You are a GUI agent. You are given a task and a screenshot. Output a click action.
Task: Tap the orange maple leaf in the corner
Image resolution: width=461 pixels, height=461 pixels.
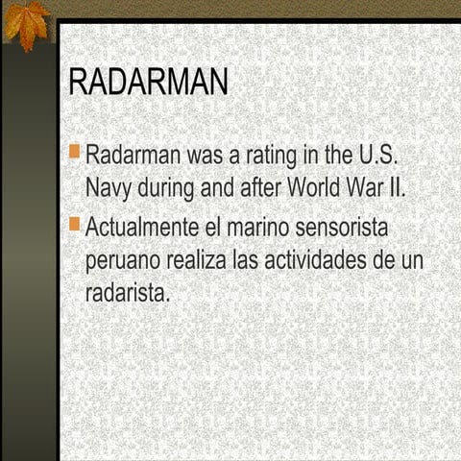point(26,23)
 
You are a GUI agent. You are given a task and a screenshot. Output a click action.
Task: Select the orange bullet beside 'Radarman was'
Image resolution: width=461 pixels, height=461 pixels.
point(76,151)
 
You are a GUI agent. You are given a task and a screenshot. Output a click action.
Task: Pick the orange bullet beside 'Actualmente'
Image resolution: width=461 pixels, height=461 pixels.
point(76,225)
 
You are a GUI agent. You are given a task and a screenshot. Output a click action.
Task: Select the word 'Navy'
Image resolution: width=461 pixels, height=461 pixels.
point(109,186)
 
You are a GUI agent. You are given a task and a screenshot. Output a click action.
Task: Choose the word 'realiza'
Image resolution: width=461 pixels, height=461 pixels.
point(199,261)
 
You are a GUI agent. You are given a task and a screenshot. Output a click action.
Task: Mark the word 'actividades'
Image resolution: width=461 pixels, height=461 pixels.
point(318,261)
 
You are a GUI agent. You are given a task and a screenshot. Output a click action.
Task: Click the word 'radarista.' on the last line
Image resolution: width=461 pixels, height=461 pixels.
point(128,292)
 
